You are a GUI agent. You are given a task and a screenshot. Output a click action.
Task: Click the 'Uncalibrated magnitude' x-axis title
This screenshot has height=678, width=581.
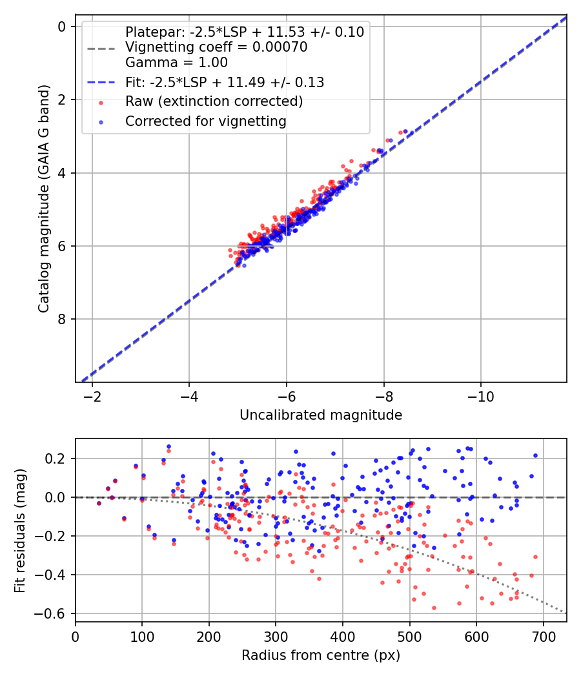[321, 415]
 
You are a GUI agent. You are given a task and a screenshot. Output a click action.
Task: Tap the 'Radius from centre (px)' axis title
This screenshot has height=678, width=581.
[321, 655]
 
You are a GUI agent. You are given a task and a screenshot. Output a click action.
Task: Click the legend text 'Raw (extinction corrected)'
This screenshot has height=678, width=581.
[214, 101]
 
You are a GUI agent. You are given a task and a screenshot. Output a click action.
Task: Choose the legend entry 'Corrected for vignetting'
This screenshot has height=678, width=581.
[206, 121]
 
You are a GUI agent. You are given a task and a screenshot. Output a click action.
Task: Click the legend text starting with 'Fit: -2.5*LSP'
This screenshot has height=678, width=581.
[225, 83]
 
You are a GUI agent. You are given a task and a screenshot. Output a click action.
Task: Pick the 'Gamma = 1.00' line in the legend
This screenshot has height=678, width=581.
[176, 63]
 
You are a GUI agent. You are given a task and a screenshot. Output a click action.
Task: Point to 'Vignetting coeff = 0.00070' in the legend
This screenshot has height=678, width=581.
[216, 47]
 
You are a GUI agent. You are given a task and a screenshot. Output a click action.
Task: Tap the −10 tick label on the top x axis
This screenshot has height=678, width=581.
[480, 395]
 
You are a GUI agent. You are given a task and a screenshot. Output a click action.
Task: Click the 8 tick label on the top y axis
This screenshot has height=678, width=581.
[62, 320]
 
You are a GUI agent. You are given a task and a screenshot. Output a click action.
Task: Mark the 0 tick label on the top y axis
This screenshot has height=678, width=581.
[62, 26]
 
